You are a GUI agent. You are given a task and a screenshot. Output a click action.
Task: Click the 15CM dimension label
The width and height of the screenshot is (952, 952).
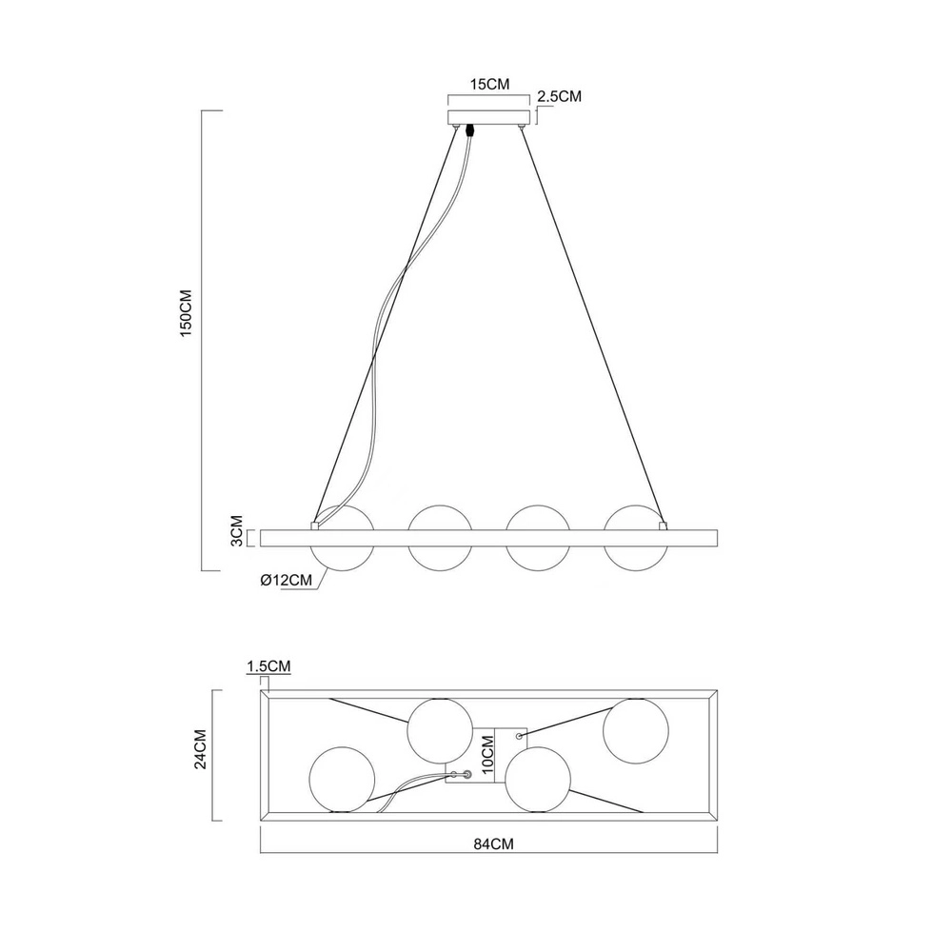pos(489,85)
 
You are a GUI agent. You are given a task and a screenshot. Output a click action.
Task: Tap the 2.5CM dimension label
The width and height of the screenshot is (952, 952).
pos(559,96)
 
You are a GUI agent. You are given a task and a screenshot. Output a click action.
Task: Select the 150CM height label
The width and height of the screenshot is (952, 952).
pos(186,313)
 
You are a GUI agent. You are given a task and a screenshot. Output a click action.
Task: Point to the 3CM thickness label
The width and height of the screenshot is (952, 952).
pos(237,530)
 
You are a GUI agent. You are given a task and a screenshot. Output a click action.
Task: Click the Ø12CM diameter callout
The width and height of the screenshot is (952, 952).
pos(286,580)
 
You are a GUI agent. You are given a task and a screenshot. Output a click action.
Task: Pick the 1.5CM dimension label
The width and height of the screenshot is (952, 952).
pos(268,666)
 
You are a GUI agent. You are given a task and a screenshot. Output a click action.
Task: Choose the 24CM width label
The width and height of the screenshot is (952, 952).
pos(200,749)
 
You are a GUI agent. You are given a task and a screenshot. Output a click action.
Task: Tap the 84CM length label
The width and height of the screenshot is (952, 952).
pos(493,843)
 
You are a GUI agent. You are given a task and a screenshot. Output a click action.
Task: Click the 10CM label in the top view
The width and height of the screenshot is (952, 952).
pos(487,755)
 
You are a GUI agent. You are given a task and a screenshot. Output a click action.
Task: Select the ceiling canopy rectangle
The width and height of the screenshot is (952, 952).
pos(489,117)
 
